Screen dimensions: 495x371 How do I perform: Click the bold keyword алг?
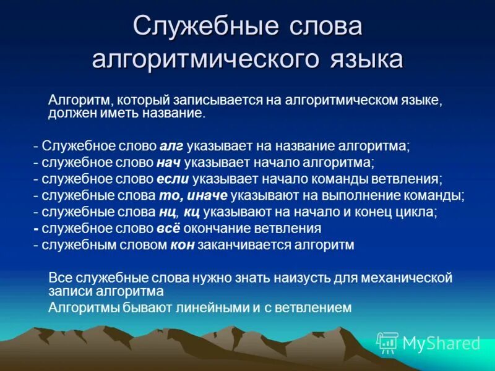(171, 147)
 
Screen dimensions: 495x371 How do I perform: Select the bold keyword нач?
(169, 163)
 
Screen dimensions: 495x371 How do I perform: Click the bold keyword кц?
(191, 212)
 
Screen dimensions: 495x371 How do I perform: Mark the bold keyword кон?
(181, 245)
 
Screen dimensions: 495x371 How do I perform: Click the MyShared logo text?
(441, 343)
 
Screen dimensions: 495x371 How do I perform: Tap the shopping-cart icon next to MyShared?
(387, 342)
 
